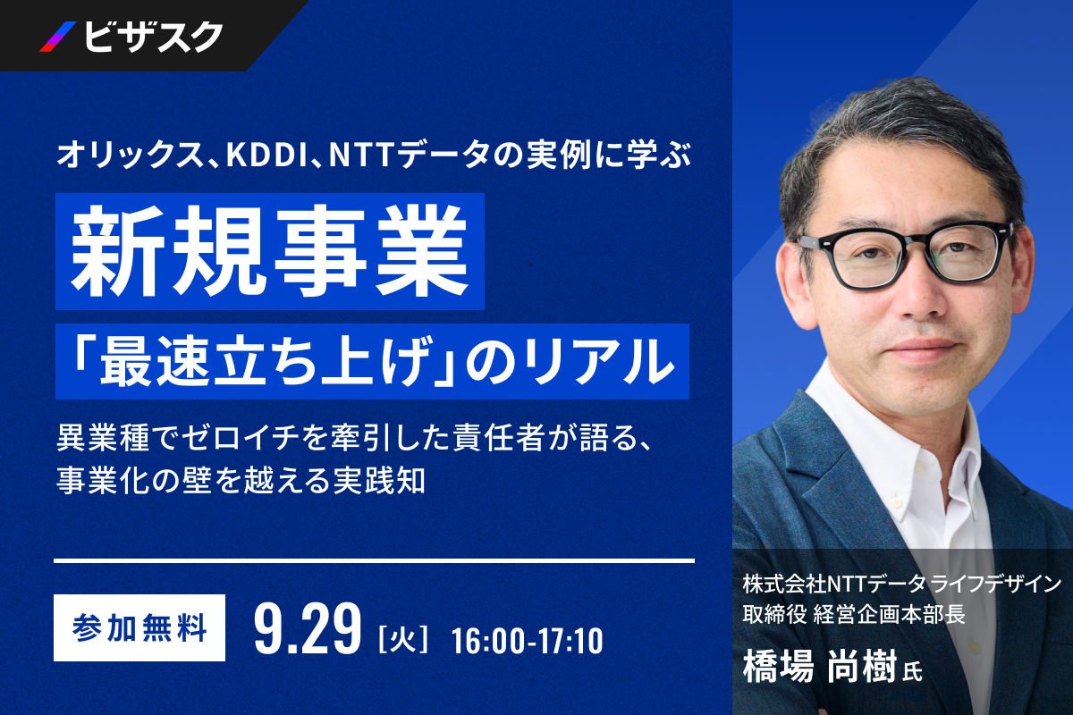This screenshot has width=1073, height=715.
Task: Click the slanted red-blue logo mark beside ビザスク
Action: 58,37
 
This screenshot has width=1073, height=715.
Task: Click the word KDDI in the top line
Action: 266,156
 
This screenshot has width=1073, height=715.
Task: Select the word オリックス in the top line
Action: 131,156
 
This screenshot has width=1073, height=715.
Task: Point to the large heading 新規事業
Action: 269,251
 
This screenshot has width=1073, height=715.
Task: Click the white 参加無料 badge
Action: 139,627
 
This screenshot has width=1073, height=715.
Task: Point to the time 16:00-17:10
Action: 528,641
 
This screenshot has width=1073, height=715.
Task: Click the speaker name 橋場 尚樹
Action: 820,667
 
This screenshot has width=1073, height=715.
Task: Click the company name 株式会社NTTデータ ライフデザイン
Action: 902,584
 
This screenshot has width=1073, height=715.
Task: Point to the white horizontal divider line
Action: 374,560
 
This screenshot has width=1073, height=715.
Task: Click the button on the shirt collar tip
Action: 895,501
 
